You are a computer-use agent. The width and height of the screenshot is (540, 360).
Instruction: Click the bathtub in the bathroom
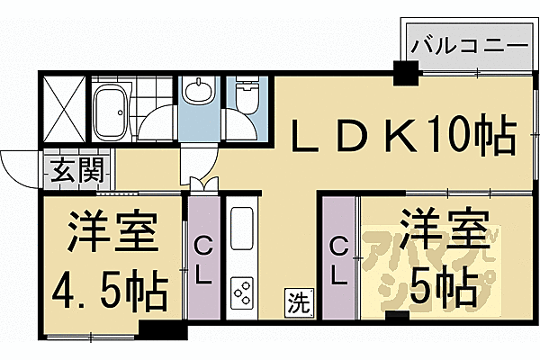(x=112, y=107)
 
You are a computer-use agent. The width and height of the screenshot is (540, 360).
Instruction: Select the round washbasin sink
(x=197, y=94)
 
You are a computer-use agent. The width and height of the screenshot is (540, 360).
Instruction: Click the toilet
(x=246, y=94)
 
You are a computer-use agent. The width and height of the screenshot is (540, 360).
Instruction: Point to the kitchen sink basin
(x=243, y=229)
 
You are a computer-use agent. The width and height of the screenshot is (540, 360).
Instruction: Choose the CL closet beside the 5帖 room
(x=338, y=257)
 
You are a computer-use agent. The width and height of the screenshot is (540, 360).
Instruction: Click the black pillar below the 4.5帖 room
(x=170, y=331)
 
